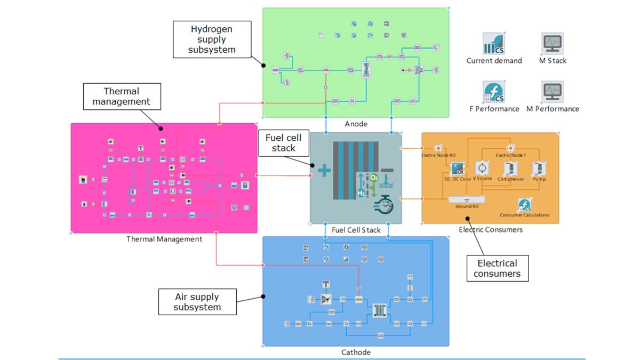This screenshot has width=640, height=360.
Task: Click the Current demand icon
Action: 494,44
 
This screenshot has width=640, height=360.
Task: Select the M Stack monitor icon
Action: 553,43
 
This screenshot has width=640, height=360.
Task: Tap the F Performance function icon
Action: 494,92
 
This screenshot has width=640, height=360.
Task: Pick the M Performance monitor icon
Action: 553,92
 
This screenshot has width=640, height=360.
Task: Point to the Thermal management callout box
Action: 122,96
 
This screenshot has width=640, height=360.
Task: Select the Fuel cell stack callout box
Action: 283,142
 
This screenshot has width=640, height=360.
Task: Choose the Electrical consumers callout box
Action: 497,268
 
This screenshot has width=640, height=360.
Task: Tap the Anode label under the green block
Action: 356,124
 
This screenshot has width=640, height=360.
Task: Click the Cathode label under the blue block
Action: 356,353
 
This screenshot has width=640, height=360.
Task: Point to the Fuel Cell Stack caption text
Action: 356,230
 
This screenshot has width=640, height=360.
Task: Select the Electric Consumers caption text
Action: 491,229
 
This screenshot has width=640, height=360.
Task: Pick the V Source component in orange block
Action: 482,168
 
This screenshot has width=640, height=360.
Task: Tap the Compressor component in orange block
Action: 510,169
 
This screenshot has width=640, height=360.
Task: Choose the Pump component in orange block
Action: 539,169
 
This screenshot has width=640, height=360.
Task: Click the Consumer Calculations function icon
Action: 524,205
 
